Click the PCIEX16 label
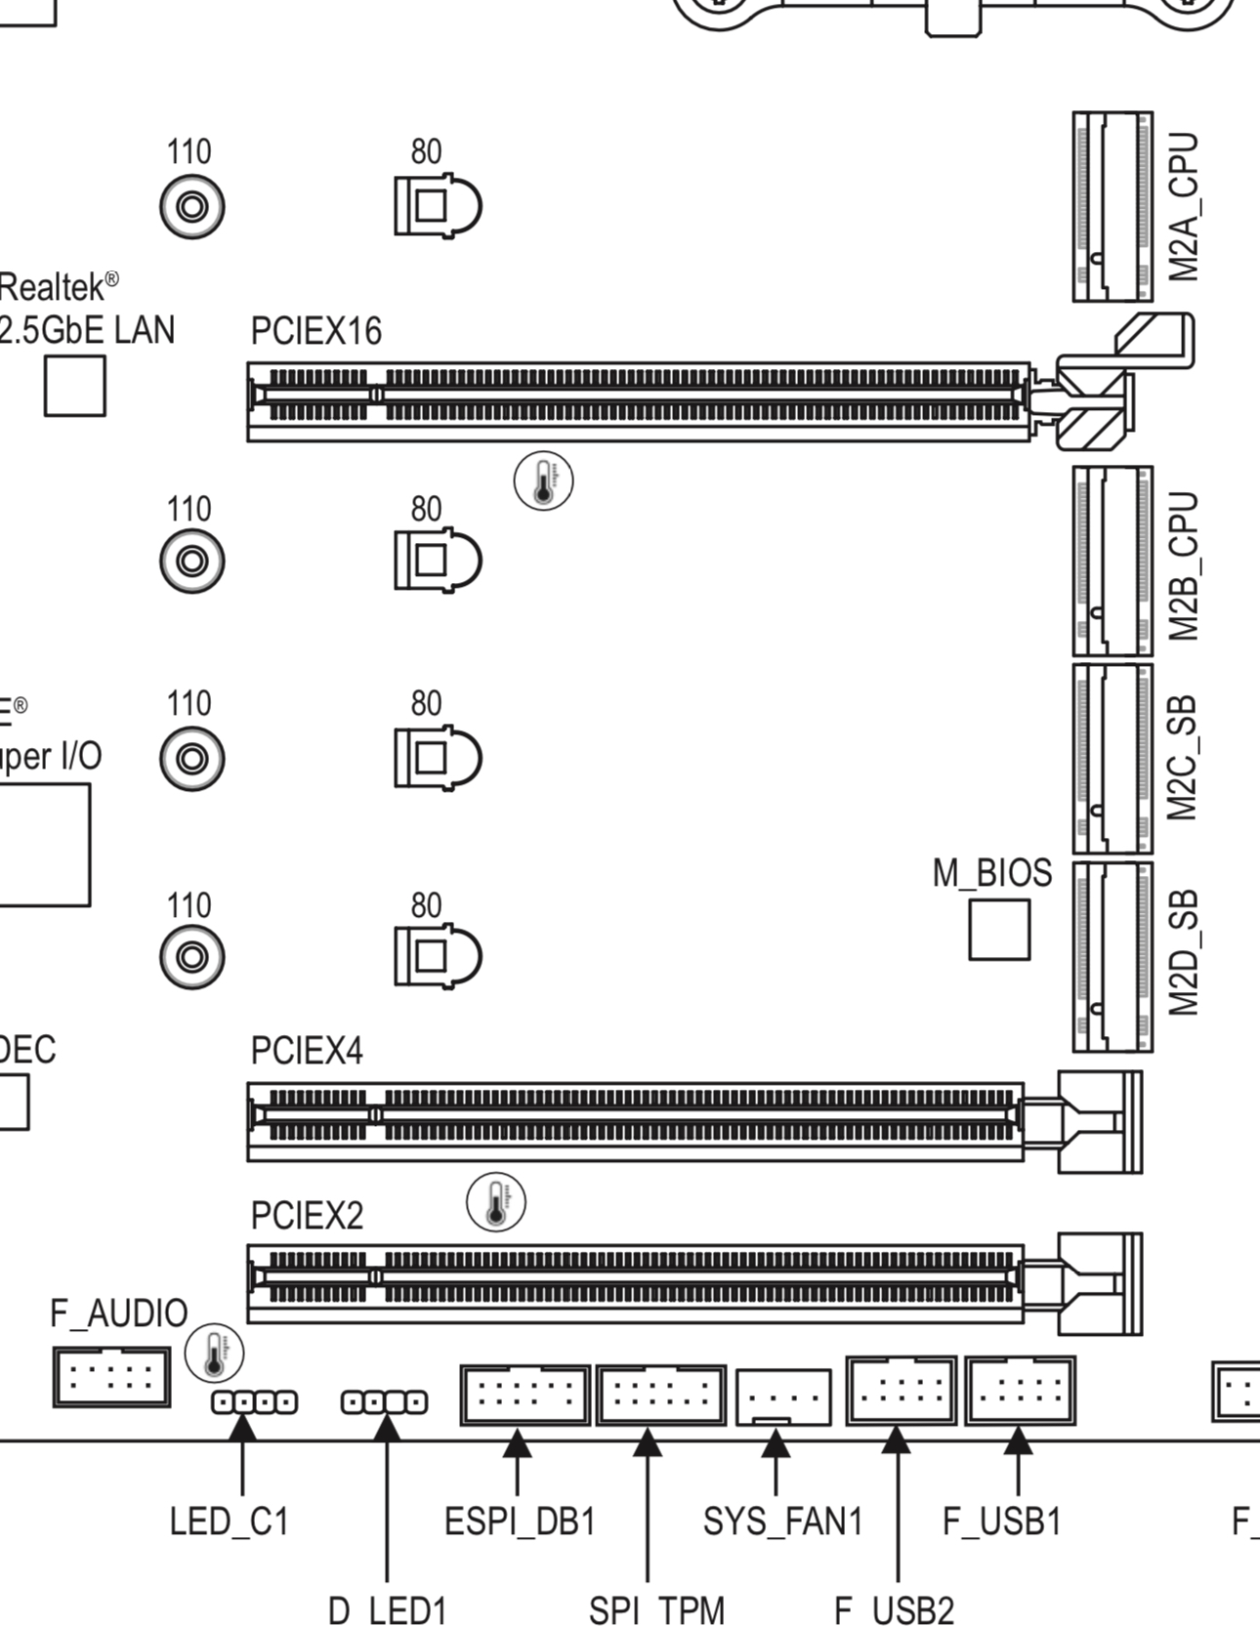tap(315, 332)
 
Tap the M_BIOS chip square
tap(998, 930)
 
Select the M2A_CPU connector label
tap(1184, 207)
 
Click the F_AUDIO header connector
tap(110, 1377)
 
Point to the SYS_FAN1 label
tap(782, 1522)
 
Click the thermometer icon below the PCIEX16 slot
tap(544, 481)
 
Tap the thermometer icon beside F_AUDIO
tap(214, 1354)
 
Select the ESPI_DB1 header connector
tap(525, 1395)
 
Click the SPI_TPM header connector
tap(661, 1395)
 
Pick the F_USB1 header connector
tap(1020, 1390)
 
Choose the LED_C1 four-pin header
tap(255, 1402)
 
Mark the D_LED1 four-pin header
tap(384, 1402)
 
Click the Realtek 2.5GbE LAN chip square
tap(75, 386)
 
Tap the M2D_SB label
tap(1184, 953)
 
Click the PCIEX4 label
tap(307, 1051)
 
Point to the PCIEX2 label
tap(307, 1216)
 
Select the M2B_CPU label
tap(1184, 566)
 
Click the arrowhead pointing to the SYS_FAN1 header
tap(776, 1443)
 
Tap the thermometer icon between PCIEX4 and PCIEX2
tap(496, 1203)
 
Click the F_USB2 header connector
tap(901, 1390)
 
